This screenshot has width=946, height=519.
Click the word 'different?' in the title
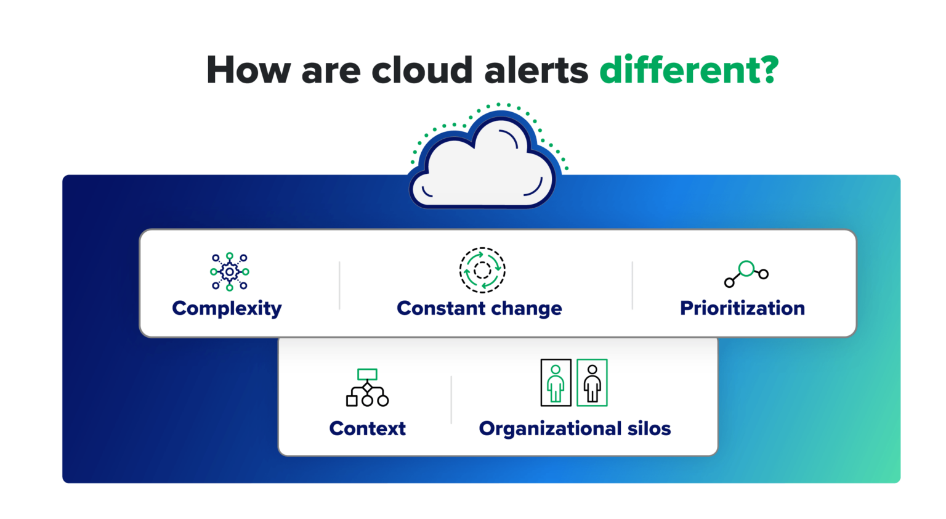click(689, 70)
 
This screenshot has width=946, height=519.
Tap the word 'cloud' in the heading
click(422, 70)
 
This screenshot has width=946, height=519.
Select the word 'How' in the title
click(248, 70)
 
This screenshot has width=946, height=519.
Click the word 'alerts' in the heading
click(536, 70)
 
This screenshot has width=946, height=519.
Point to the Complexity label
click(227, 308)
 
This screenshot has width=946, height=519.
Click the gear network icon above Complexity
click(230, 271)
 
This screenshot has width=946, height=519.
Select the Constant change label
click(479, 308)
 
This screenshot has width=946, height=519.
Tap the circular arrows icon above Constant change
click(482, 270)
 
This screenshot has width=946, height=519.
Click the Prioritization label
click(742, 308)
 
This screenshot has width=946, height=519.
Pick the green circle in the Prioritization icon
click(746, 268)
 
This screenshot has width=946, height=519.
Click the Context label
click(367, 428)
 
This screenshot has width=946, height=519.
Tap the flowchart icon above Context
click(367, 388)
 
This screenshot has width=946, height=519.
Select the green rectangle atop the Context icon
click(367, 374)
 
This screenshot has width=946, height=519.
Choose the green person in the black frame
click(556, 383)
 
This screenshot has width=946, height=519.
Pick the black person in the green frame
click(592, 383)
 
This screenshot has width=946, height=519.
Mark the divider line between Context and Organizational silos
click(451, 399)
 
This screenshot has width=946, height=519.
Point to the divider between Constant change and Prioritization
click(633, 285)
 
